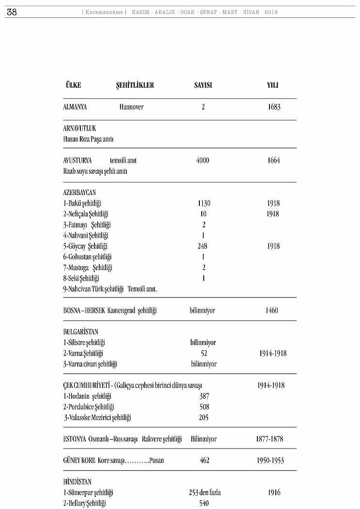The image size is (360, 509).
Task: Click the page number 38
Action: (12, 13)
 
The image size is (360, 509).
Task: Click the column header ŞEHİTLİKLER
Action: (135, 85)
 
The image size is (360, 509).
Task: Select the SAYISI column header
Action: (203, 85)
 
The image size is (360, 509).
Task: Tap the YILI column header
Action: (273, 85)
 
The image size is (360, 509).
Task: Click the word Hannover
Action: (131, 107)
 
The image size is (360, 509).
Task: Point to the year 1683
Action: (274, 107)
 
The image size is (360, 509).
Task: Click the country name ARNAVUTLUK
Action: (79, 129)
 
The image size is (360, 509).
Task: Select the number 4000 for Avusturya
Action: (203, 161)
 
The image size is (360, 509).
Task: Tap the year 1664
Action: (273, 161)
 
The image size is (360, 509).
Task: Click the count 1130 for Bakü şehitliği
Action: (204, 204)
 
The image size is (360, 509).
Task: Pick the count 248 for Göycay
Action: (203, 246)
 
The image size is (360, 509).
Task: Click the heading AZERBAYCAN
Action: (79, 193)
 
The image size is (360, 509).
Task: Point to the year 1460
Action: (272, 311)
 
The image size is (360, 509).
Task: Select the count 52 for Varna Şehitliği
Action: (204, 353)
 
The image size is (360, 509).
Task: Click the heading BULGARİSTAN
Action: (80, 332)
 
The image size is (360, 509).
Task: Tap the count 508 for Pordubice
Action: (204, 407)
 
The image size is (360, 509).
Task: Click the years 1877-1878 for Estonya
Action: (270, 439)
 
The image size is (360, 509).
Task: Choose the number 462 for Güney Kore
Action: (204, 461)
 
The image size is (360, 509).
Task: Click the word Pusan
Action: (156, 461)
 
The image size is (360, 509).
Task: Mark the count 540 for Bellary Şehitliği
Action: (205, 504)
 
